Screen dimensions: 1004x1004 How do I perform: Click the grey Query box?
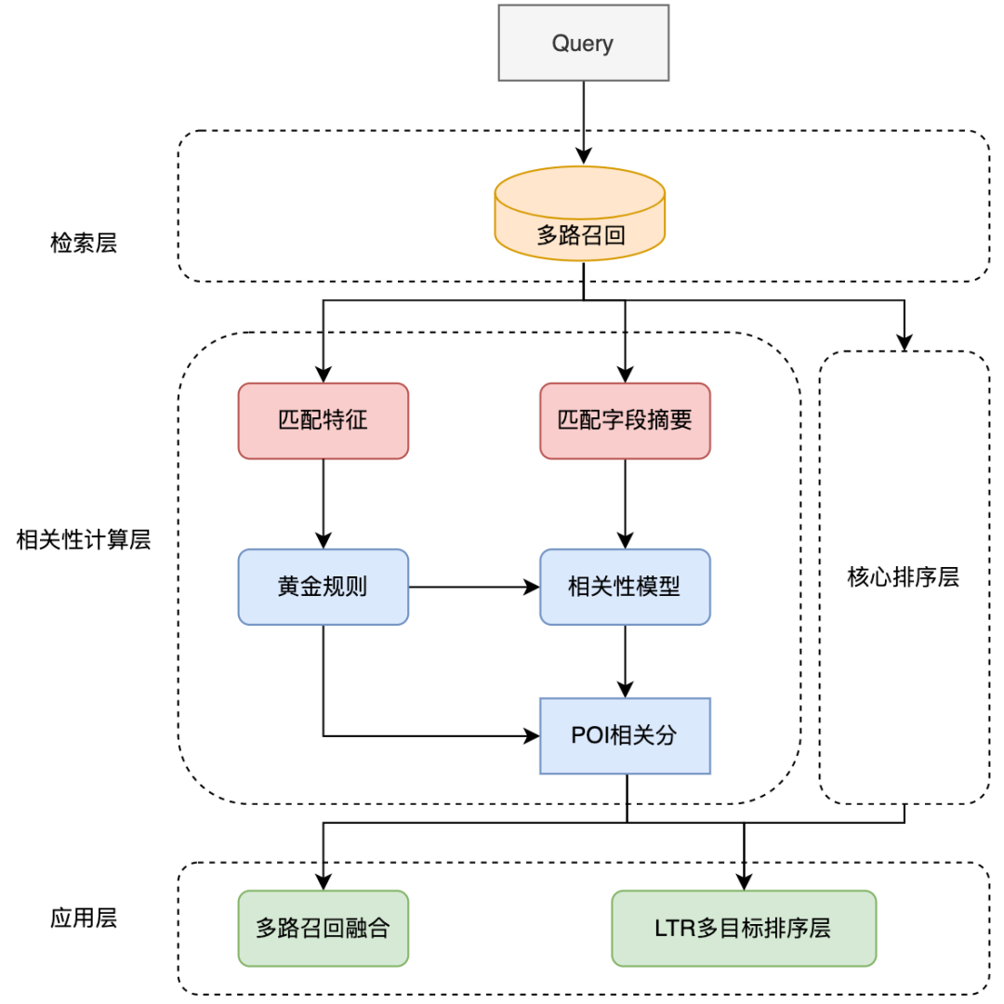583,43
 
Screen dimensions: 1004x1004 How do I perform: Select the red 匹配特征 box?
323,420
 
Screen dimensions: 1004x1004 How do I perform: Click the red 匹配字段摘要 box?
625,420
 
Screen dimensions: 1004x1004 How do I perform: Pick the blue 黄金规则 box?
323,587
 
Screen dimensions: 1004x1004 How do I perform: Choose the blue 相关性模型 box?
625,587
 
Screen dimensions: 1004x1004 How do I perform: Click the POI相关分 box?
625,735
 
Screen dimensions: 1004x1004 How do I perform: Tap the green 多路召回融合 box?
323,927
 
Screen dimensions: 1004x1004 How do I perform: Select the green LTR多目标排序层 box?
744,927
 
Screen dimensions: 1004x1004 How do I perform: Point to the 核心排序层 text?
903,577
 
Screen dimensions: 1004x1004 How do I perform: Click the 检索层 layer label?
84,244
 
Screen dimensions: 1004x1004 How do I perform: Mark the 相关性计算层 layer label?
84,539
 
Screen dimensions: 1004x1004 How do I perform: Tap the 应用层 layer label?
84,918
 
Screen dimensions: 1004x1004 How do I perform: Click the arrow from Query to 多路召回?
583,121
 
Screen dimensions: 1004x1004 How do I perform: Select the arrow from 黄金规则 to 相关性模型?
474,587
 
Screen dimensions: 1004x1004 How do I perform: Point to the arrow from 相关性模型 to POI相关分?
625,661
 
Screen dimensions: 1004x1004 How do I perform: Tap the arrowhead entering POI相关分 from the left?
533,735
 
